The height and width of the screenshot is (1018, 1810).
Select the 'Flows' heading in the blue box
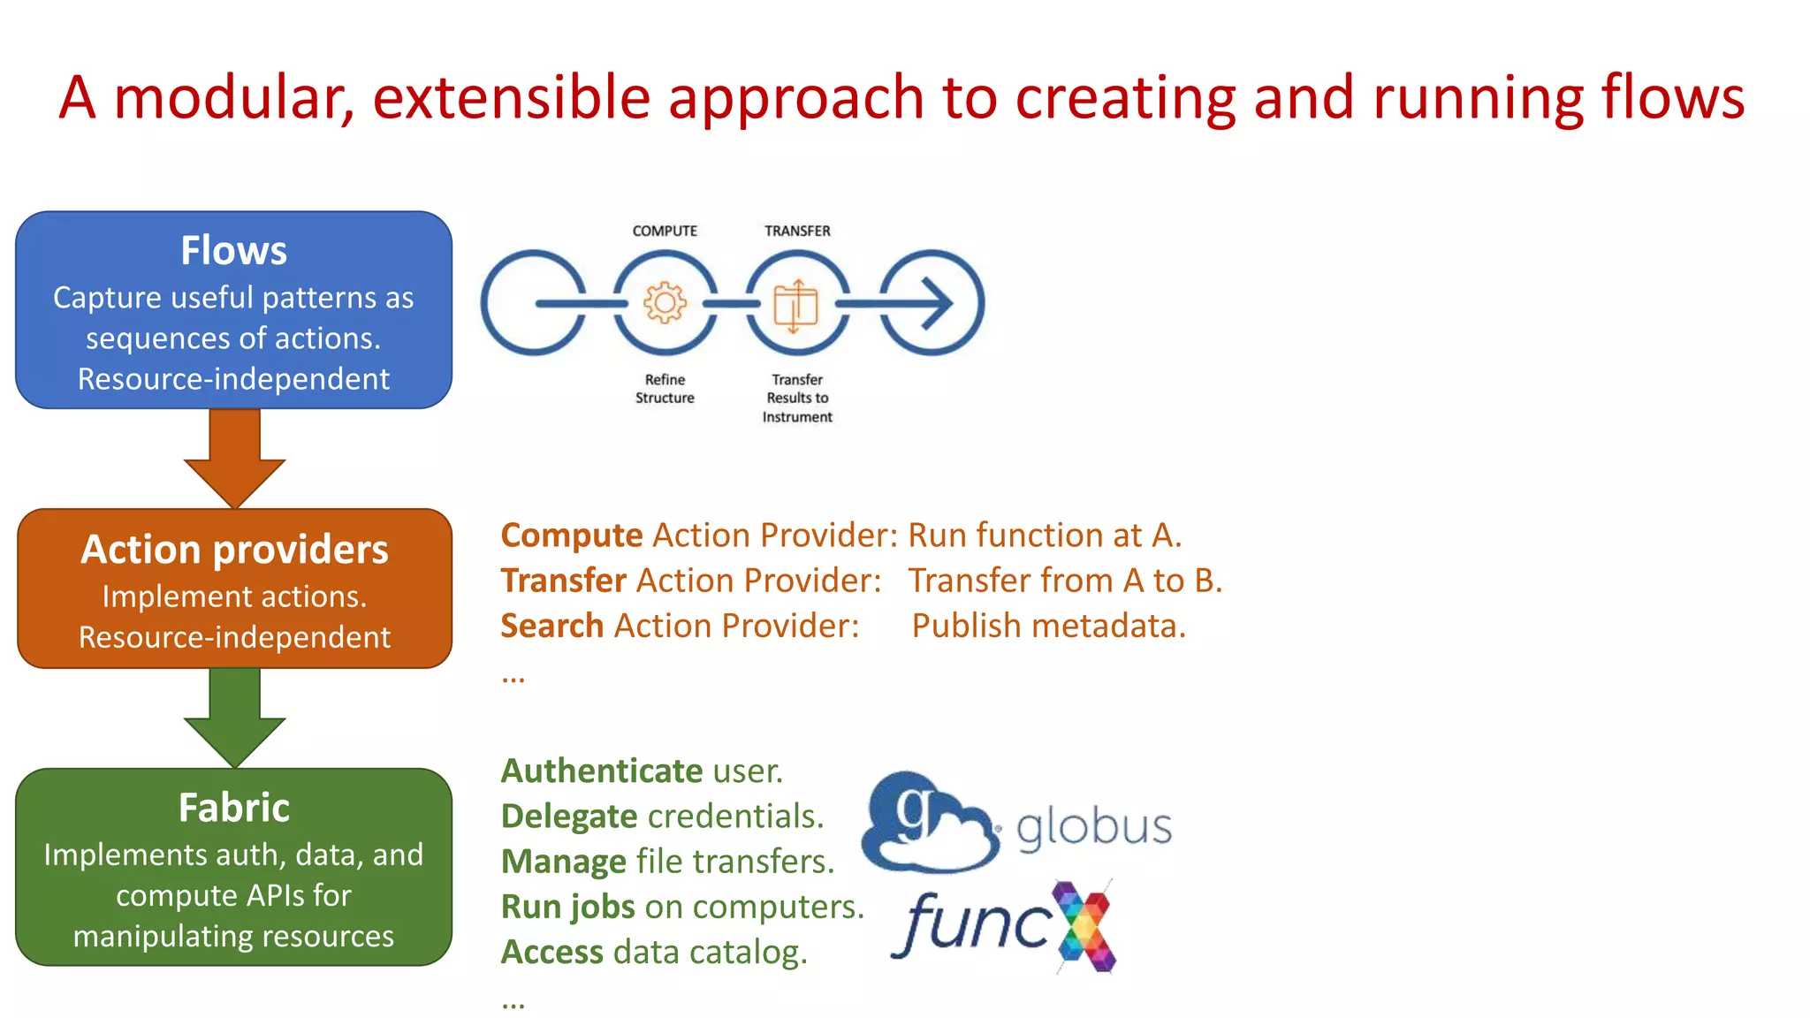(x=233, y=251)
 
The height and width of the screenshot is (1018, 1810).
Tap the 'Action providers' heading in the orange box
(x=234, y=550)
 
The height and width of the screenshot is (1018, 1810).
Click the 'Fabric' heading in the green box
(x=234, y=808)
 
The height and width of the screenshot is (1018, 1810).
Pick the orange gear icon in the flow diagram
(x=665, y=303)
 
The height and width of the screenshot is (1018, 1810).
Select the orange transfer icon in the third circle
(x=795, y=306)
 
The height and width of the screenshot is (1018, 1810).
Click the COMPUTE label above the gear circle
(x=665, y=231)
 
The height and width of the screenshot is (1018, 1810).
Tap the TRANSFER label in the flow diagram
(x=797, y=231)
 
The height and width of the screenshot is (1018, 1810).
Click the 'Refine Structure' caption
(x=665, y=389)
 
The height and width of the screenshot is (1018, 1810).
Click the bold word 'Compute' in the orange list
(x=571, y=536)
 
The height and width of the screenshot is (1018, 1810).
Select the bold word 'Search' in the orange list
(x=551, y=626)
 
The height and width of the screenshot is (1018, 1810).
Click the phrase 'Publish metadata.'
(x=1048, y=626)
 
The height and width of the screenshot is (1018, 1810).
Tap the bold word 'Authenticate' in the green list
(x=602, y=771)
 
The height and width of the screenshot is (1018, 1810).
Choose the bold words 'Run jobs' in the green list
(x=567, y=908)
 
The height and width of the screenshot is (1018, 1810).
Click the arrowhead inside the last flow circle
(x=938, y=303)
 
